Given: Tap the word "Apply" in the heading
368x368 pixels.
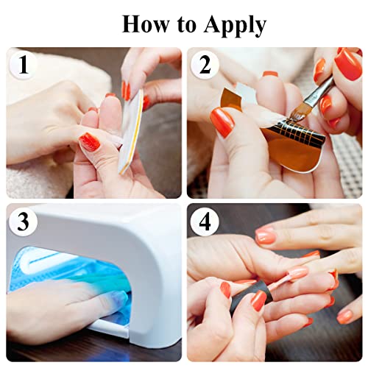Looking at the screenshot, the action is pyautogui.click(x=235, y=26).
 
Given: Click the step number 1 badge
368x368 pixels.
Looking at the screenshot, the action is pyautogui.click(x=23, y=65).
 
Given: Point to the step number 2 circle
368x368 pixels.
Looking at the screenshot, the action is pyautogui.click(x=205, y=65).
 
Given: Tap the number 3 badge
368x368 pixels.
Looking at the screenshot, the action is pyautogui.click(x=23, y=222).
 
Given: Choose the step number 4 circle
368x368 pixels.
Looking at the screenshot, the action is pyautogui.click(x=205, y=222).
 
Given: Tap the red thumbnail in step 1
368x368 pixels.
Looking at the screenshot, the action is pyautogui.click(x=89, y=142).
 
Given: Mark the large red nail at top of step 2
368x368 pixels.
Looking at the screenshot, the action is pyautogui.click(x=348, y=64).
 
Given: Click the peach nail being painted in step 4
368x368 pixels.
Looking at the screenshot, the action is pyautogui.click(x=299, y=272).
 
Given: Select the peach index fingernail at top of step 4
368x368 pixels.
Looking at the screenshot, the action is pyautogui.click(x=265, y=236).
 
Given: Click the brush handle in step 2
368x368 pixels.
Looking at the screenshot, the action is pyautogui.click(x=319, y=91).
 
